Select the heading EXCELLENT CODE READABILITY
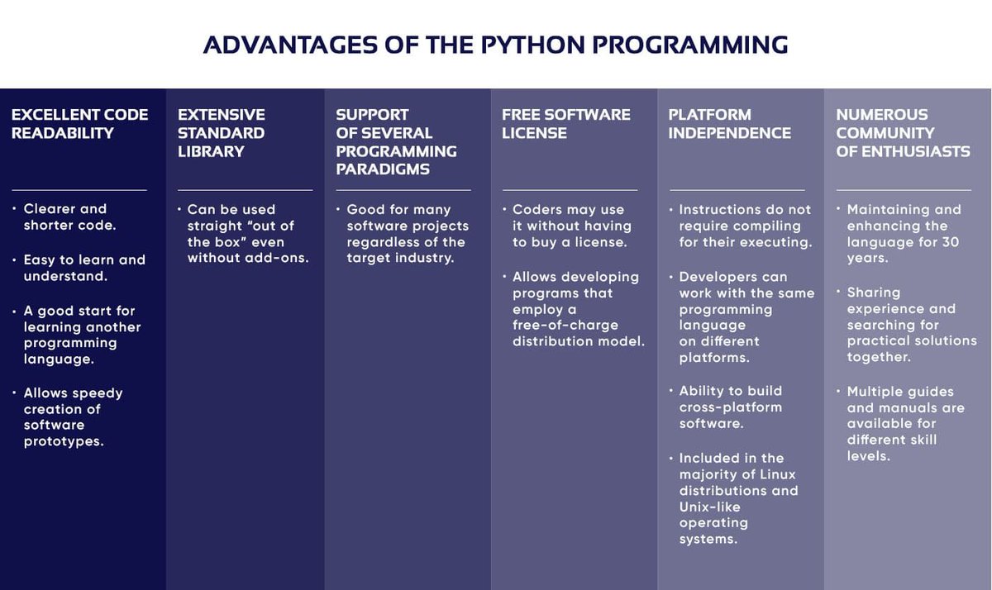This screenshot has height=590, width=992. point(79,124)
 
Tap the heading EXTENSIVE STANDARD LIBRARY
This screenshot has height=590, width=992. point(222,133)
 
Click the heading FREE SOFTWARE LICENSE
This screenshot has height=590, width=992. point(565,124)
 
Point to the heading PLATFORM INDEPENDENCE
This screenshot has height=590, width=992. point(729,124)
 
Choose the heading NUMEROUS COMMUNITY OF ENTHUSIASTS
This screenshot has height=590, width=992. point(903,133)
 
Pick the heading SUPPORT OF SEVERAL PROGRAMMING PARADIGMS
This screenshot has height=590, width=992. point(396,142)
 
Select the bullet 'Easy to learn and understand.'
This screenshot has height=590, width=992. point(83,268)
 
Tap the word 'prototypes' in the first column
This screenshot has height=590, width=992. point(64,441)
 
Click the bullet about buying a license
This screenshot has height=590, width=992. point(571,226)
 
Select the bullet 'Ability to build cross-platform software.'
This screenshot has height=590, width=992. point(731,407)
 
